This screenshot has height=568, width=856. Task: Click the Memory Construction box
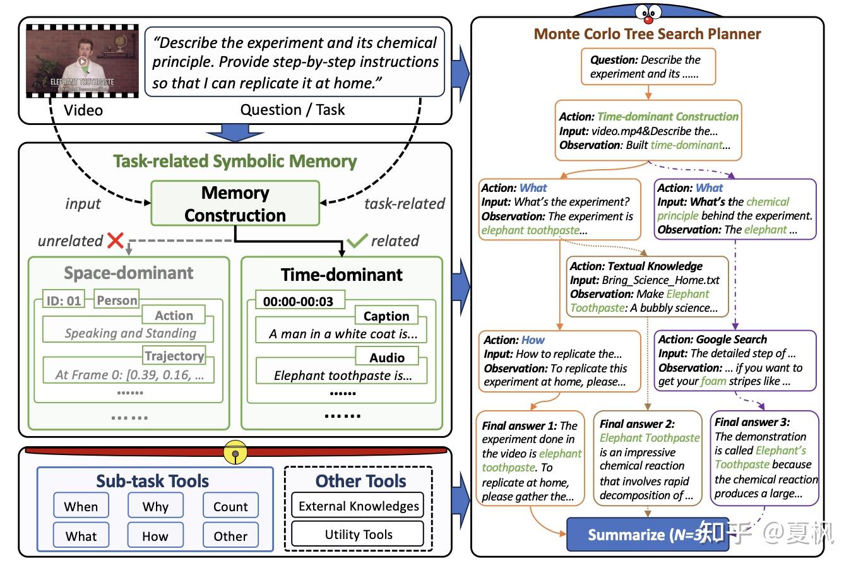[235, 203]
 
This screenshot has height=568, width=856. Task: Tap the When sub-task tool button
[81, 506]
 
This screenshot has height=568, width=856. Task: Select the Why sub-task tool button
[155, 506]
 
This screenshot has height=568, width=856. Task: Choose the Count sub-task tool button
[230, 506]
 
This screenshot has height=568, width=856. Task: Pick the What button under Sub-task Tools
[81, 536]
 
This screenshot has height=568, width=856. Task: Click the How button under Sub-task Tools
[155, 536]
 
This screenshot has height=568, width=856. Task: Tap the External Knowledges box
[358, 506]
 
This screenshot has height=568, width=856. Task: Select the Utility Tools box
[358, 534]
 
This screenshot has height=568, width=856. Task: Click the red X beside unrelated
[116, 240]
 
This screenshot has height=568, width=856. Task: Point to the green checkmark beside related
[357, 240]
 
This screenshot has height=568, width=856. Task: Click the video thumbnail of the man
[82, 61]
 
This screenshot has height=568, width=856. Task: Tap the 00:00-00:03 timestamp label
[298, 301]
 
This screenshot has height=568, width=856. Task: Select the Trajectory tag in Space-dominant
[174, 356]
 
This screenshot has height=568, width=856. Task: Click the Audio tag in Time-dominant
[386, 357]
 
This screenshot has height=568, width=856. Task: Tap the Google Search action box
[735, 360]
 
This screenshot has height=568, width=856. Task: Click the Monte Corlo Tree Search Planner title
[647, 34]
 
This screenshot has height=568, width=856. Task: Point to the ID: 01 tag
[64, 300]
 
